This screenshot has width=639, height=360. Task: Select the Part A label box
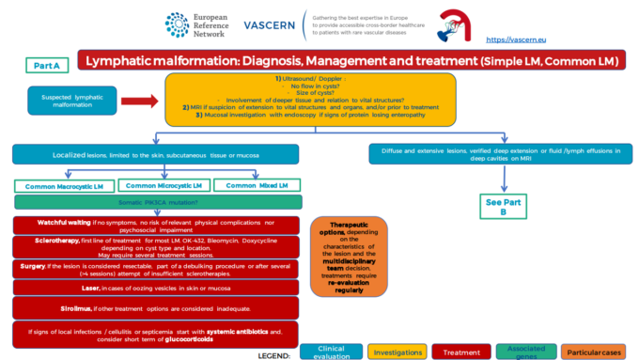pos(46,65)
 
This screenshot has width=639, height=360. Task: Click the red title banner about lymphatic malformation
pos(352,62)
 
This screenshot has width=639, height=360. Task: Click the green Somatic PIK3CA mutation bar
pos(157,202)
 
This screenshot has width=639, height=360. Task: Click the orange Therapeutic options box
pos(350,257)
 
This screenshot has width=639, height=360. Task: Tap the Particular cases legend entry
pos(597,351)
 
